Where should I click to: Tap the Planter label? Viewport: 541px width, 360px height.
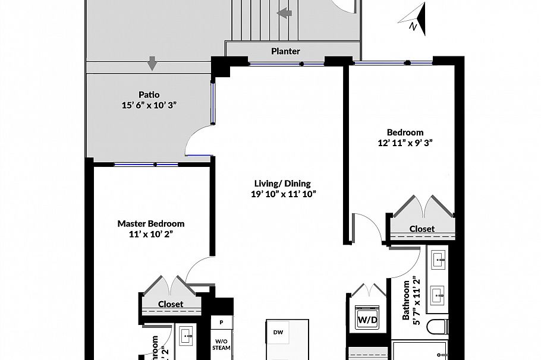[x=285, y=51]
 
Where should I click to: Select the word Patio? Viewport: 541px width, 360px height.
[x=149, y=94]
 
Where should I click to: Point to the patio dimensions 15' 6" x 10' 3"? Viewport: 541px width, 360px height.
[x=149, y=105]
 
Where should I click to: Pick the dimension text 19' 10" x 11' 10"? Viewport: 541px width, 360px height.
[x=282, y=194]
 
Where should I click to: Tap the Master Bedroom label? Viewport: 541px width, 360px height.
[x=150, y=224]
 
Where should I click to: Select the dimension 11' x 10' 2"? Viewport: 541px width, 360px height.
[x=150, y=234]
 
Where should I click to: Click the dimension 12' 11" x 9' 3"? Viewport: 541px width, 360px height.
[x=405, y=143]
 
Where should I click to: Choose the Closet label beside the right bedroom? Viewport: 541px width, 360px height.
[x=422, y=229]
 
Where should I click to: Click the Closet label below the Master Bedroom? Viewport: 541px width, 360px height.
[x=170, y=304]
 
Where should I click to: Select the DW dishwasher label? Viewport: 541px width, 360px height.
[x=278, y=332]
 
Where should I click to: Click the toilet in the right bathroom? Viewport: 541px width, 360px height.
[x=438, y=327]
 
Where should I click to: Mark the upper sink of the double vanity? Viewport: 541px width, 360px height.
[x=439, y=259]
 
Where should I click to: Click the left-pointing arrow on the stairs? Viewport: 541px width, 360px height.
[x=285, y=12]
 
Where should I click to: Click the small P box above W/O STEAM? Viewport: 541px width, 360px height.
[x=221, y=323]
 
